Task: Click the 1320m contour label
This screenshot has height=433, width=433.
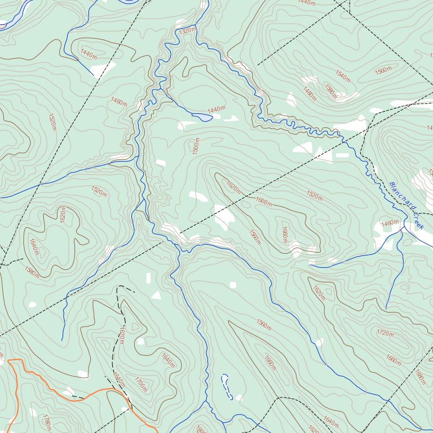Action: pyautogui.click(x=187, y=31)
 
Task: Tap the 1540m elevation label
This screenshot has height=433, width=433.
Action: pyautogui.click(x=342, y=74)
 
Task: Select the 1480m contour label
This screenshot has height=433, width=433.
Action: pyautogui.click(x=310, y=94)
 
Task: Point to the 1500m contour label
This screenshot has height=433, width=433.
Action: pyautogui.click(x=196, y=146)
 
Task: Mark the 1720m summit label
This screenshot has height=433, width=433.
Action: pyautogui.click(x=385, y=333)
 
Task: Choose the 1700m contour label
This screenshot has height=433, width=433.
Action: pyautogui.click(x=141, y=385)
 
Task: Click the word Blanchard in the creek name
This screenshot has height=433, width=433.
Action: pyautogui.click(x=401, y=197)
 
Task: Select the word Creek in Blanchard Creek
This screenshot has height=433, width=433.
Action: pyautogui.click(x=418, y=220)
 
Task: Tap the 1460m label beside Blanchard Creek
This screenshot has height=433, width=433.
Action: pyautogui.click(x=390, y=223)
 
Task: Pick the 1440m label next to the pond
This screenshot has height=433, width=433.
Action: pyautogui.click(x=216, y=109)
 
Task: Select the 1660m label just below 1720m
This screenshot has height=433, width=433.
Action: pyautogui.click(x=393, y=359)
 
